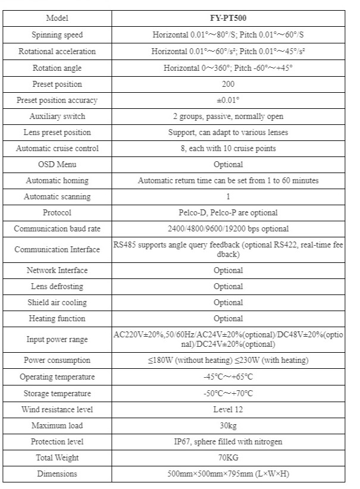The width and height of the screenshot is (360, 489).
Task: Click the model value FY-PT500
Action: click(228, 18)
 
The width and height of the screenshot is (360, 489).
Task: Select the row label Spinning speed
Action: click(57, 35)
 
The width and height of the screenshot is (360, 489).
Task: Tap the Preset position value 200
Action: click(228, 84)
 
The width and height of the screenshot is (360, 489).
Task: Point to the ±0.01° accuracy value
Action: click(228, 100)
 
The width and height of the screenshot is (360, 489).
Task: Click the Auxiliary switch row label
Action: click(57, 116)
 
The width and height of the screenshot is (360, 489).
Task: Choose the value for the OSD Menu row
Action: click(228, 164)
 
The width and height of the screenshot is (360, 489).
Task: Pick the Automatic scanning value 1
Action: click(228, 196)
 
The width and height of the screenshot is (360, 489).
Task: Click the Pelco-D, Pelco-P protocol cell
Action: click(228, 212)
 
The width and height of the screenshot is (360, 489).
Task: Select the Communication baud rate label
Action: click(57, 228)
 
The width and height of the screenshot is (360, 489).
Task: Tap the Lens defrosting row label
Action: click(57, 286)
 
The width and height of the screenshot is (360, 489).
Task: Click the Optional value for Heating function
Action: click(228, 318)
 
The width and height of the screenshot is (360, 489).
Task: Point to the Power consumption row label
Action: click(57, 360)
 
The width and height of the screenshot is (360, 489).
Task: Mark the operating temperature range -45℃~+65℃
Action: click(228, 377)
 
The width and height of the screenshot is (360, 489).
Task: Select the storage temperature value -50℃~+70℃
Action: click(228, 393)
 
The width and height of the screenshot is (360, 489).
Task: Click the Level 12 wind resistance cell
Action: click(228, 409)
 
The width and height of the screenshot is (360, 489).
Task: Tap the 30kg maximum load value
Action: click(228, 425)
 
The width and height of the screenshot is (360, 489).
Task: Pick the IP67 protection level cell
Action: click(228, 441)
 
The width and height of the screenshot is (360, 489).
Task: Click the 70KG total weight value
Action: click(228, 457)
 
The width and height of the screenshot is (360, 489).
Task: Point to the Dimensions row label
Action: click(57, 474)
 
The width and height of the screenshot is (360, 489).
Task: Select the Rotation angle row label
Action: click(57, 68)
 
